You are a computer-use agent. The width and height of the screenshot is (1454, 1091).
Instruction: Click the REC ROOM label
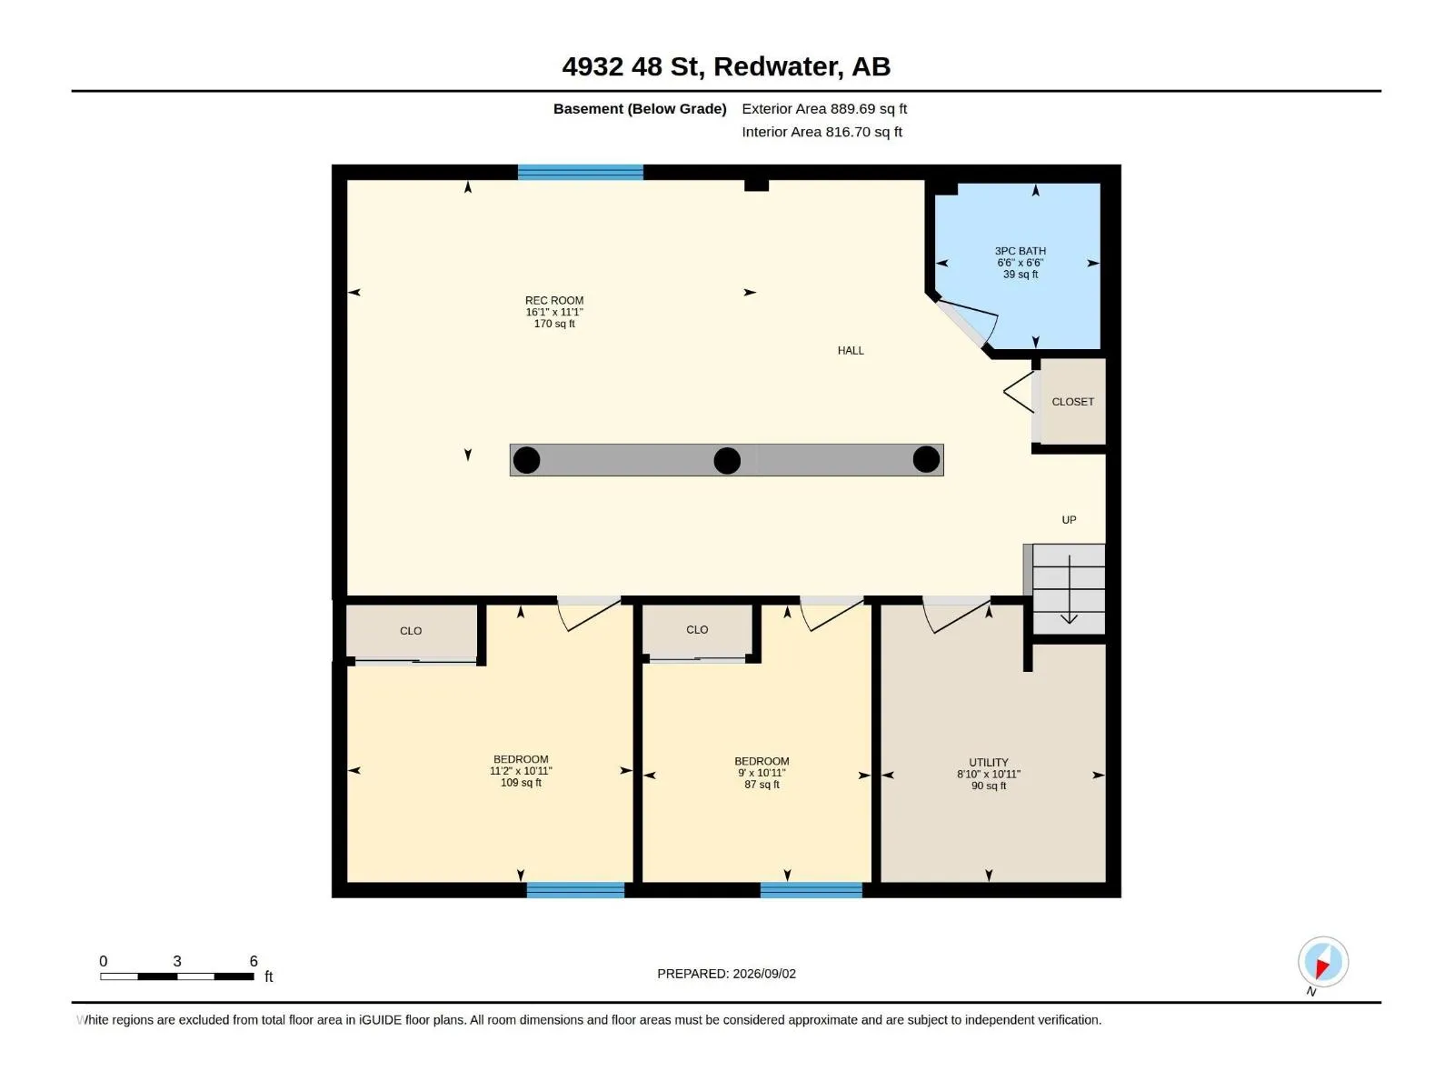554,301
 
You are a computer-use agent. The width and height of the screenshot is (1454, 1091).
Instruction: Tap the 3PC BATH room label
1021,251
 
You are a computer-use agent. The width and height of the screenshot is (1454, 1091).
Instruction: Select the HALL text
851,351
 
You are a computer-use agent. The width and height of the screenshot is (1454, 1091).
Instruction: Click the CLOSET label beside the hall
1073,402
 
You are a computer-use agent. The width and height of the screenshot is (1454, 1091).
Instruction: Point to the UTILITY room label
989,763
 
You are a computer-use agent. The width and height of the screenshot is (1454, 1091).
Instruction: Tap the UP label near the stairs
1069,521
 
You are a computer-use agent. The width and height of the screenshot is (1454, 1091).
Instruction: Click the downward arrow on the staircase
1069,589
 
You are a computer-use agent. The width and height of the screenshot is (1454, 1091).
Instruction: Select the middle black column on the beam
727,461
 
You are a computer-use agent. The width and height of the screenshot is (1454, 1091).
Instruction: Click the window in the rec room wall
581,173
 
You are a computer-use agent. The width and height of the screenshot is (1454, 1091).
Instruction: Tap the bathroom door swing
968,322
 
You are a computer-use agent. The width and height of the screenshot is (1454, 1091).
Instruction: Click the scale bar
177,977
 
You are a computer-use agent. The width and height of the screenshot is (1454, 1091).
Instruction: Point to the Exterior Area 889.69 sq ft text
824,109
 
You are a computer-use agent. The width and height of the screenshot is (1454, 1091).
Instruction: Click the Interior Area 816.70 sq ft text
822,133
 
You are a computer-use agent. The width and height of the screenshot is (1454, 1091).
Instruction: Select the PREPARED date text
727,975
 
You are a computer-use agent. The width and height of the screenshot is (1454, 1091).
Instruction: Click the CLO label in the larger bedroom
411,631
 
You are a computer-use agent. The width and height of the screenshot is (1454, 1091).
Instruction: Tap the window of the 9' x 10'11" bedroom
812,890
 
